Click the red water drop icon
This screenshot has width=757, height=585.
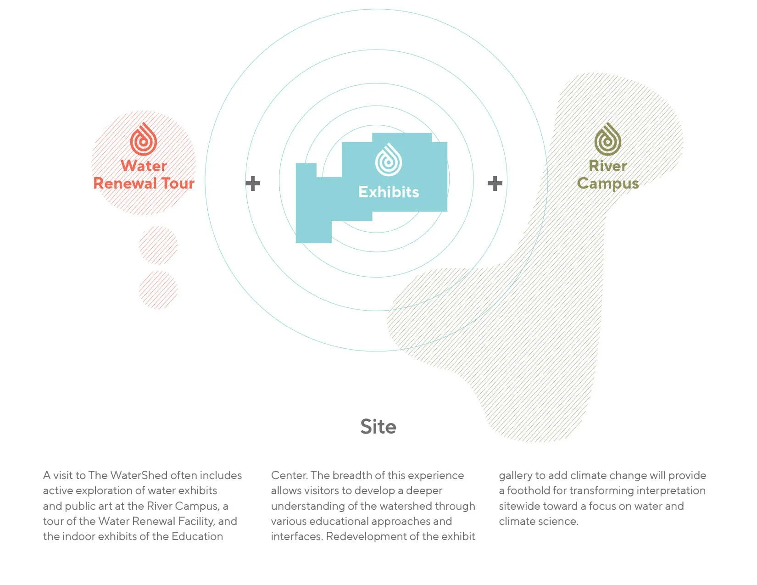(144, 139)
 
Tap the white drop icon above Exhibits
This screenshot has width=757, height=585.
(389, 160)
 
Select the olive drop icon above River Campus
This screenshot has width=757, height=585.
(608, 139)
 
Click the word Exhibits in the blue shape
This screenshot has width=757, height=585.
(389, 192)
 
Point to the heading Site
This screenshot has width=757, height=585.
(378, 427)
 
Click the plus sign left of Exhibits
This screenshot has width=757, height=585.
(253, 184)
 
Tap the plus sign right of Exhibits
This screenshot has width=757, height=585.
(495, 184)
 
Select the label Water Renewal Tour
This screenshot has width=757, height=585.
(144, 174)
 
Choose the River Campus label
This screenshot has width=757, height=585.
(608, 174)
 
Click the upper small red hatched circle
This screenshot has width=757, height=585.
(158, 245)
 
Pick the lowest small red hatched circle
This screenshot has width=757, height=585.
(158, 290)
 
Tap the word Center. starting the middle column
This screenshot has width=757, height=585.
(289, 475)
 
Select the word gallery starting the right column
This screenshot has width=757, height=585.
(515, 475)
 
